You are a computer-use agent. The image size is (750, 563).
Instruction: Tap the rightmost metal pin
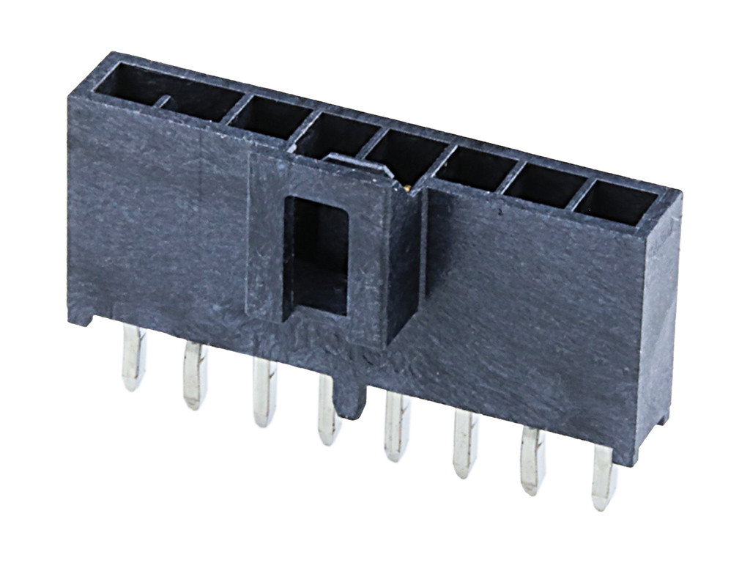[604, 476]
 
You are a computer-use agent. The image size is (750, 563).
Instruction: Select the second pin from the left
[195, 375]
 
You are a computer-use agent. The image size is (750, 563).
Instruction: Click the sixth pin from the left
[464, 444]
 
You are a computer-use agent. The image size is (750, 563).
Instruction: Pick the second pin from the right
[532, 460]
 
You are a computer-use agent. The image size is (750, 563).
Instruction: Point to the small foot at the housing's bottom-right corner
[662, 418]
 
